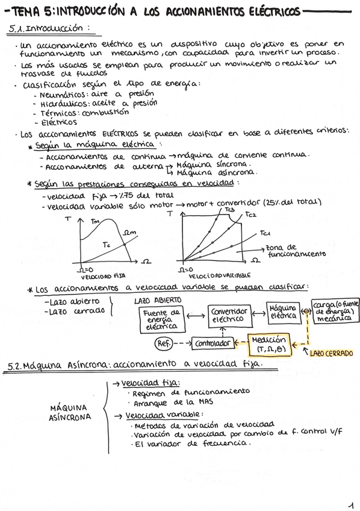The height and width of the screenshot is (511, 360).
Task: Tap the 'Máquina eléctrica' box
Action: point(283,312)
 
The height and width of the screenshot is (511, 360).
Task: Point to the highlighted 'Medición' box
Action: point(268,344)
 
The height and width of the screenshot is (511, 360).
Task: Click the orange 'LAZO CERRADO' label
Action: point(331,354)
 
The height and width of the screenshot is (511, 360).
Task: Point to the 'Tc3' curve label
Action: point(229,210)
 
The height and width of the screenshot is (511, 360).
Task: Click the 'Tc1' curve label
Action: point(265,233)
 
